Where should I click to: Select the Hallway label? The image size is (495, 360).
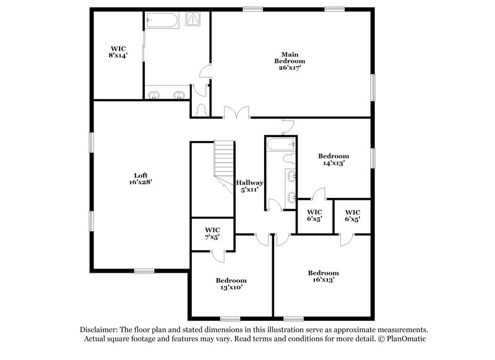[251, 186]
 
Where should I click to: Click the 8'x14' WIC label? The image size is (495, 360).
[118, 51]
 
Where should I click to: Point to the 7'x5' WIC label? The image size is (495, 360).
[212, 234]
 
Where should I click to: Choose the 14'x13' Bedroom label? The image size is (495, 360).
[334, 160]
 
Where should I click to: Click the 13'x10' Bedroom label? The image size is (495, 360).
[230, 283]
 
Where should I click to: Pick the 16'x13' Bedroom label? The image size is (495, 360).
[324, 276]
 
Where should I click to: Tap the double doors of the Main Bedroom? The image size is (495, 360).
[237, 113]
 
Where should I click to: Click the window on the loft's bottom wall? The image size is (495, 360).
[145, 270]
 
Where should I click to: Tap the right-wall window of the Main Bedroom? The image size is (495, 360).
[372, 87]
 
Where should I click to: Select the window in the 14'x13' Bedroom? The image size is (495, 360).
[372, 157]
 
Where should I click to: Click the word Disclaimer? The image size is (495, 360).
[99, 330]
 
